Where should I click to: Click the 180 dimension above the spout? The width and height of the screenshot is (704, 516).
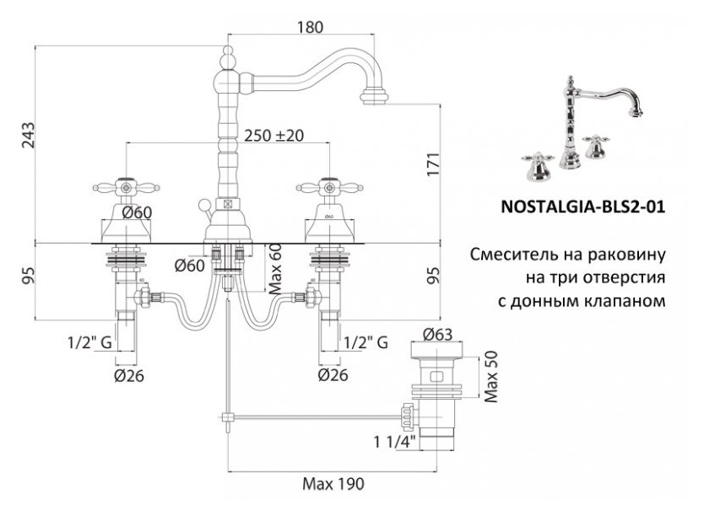(x=310, y=27)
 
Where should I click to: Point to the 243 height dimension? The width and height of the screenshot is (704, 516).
(x=28, y=135)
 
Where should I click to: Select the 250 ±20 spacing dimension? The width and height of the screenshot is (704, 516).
(x=273, y=135)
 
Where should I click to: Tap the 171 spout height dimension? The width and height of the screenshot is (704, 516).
(x=433, y=164)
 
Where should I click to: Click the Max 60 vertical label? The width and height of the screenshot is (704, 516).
(x=276, y=268)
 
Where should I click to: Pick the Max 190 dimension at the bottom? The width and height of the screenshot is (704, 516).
(x=333, y=484)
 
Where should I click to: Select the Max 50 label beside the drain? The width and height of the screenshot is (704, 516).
(x=491, y=376)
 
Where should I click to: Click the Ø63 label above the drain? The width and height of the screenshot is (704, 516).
(x=438, y=335)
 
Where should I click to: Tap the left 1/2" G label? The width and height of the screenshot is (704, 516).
(x=89, y=342)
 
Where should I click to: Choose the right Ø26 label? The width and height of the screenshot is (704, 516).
(x=333, y=375)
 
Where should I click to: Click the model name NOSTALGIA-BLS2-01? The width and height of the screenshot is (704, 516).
(x=582, y=207)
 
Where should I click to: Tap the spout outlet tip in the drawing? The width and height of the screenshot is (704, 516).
(x=374, y=96)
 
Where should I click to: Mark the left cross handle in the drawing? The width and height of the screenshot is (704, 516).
(x=126, y=187)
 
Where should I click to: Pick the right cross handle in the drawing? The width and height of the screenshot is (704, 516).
(x=329, y=187)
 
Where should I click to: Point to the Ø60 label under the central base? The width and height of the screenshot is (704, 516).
(x=189, y=266)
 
